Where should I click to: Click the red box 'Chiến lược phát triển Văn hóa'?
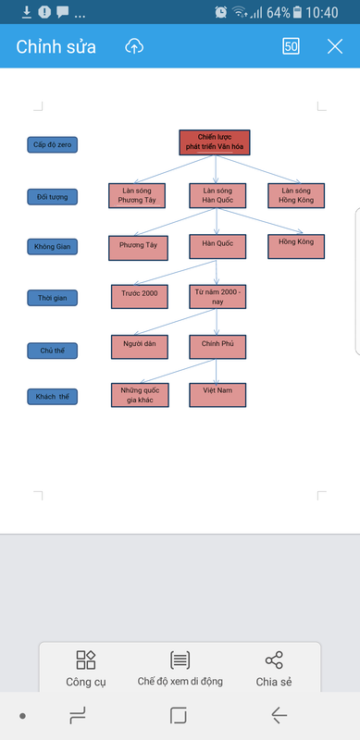click(x=214, y=142)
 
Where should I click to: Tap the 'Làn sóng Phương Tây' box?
click(x=137, y=195)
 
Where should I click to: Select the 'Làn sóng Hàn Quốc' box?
click(x=217, y=195)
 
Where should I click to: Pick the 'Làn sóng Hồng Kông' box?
click(x=297, y=195)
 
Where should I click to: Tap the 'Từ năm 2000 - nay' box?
click(x=217, y=296)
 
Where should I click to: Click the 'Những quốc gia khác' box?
click(x=139, y=395)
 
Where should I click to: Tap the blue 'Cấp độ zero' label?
click(x=53, y=145)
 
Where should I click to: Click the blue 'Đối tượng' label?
click(x=53, y=197)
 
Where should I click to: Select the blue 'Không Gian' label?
click(x=53, y=247)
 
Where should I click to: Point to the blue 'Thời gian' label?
click(x=53, y=298)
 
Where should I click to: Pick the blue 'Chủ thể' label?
click(x=53, y=350)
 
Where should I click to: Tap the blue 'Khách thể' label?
click(x=53, y=397)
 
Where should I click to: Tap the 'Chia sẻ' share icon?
click(x=274, y=660)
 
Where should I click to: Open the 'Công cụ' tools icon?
click(x=86, y=660)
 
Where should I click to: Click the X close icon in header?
click(x=335, y=46)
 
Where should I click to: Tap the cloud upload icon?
click(x=134, y=46)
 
